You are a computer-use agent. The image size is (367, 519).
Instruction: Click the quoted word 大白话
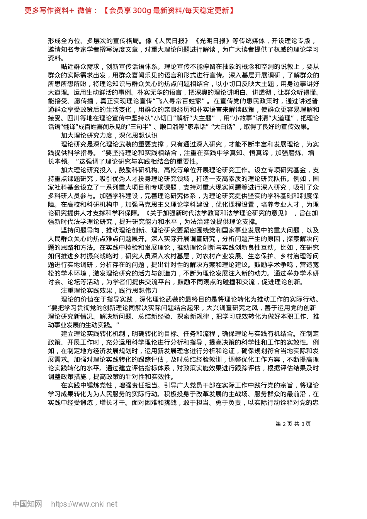coord(224,127)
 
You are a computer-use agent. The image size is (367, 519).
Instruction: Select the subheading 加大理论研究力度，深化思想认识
coord(109,136)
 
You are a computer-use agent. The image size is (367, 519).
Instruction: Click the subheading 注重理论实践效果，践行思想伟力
coord(109,291)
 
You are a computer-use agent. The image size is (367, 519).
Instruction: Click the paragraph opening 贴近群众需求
coord(80,66)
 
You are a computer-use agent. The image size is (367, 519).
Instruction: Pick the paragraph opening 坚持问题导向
coord(80,231)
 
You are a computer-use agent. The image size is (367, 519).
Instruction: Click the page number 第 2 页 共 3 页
coord(293,424)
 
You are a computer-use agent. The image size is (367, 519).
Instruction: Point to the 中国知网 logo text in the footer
coord(27,504)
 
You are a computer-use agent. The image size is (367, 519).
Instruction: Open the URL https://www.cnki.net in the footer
coord(84,504)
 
